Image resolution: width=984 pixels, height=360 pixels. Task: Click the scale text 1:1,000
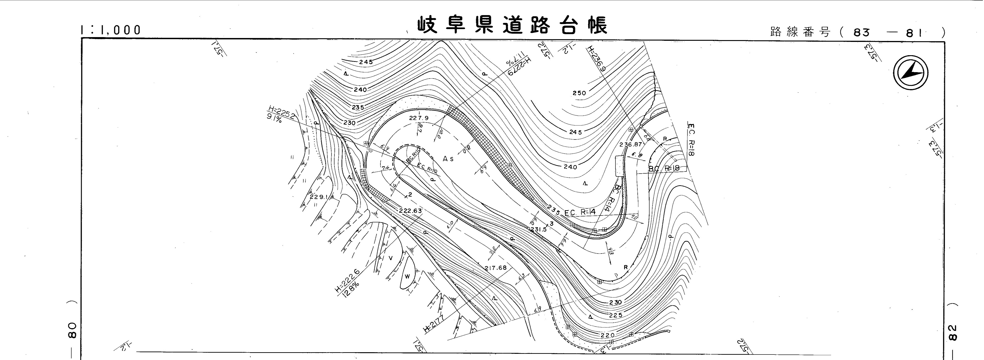111,30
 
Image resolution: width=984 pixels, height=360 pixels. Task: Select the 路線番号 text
800,32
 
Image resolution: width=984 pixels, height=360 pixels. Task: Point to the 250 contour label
579,93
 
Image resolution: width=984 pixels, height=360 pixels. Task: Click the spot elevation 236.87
631,145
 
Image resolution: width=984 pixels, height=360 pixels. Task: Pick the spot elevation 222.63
410,211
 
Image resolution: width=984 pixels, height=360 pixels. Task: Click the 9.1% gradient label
274,119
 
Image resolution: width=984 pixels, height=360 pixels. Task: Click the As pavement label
448,159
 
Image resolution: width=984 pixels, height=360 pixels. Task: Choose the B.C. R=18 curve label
664,169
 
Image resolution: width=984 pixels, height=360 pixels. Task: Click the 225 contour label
615,315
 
